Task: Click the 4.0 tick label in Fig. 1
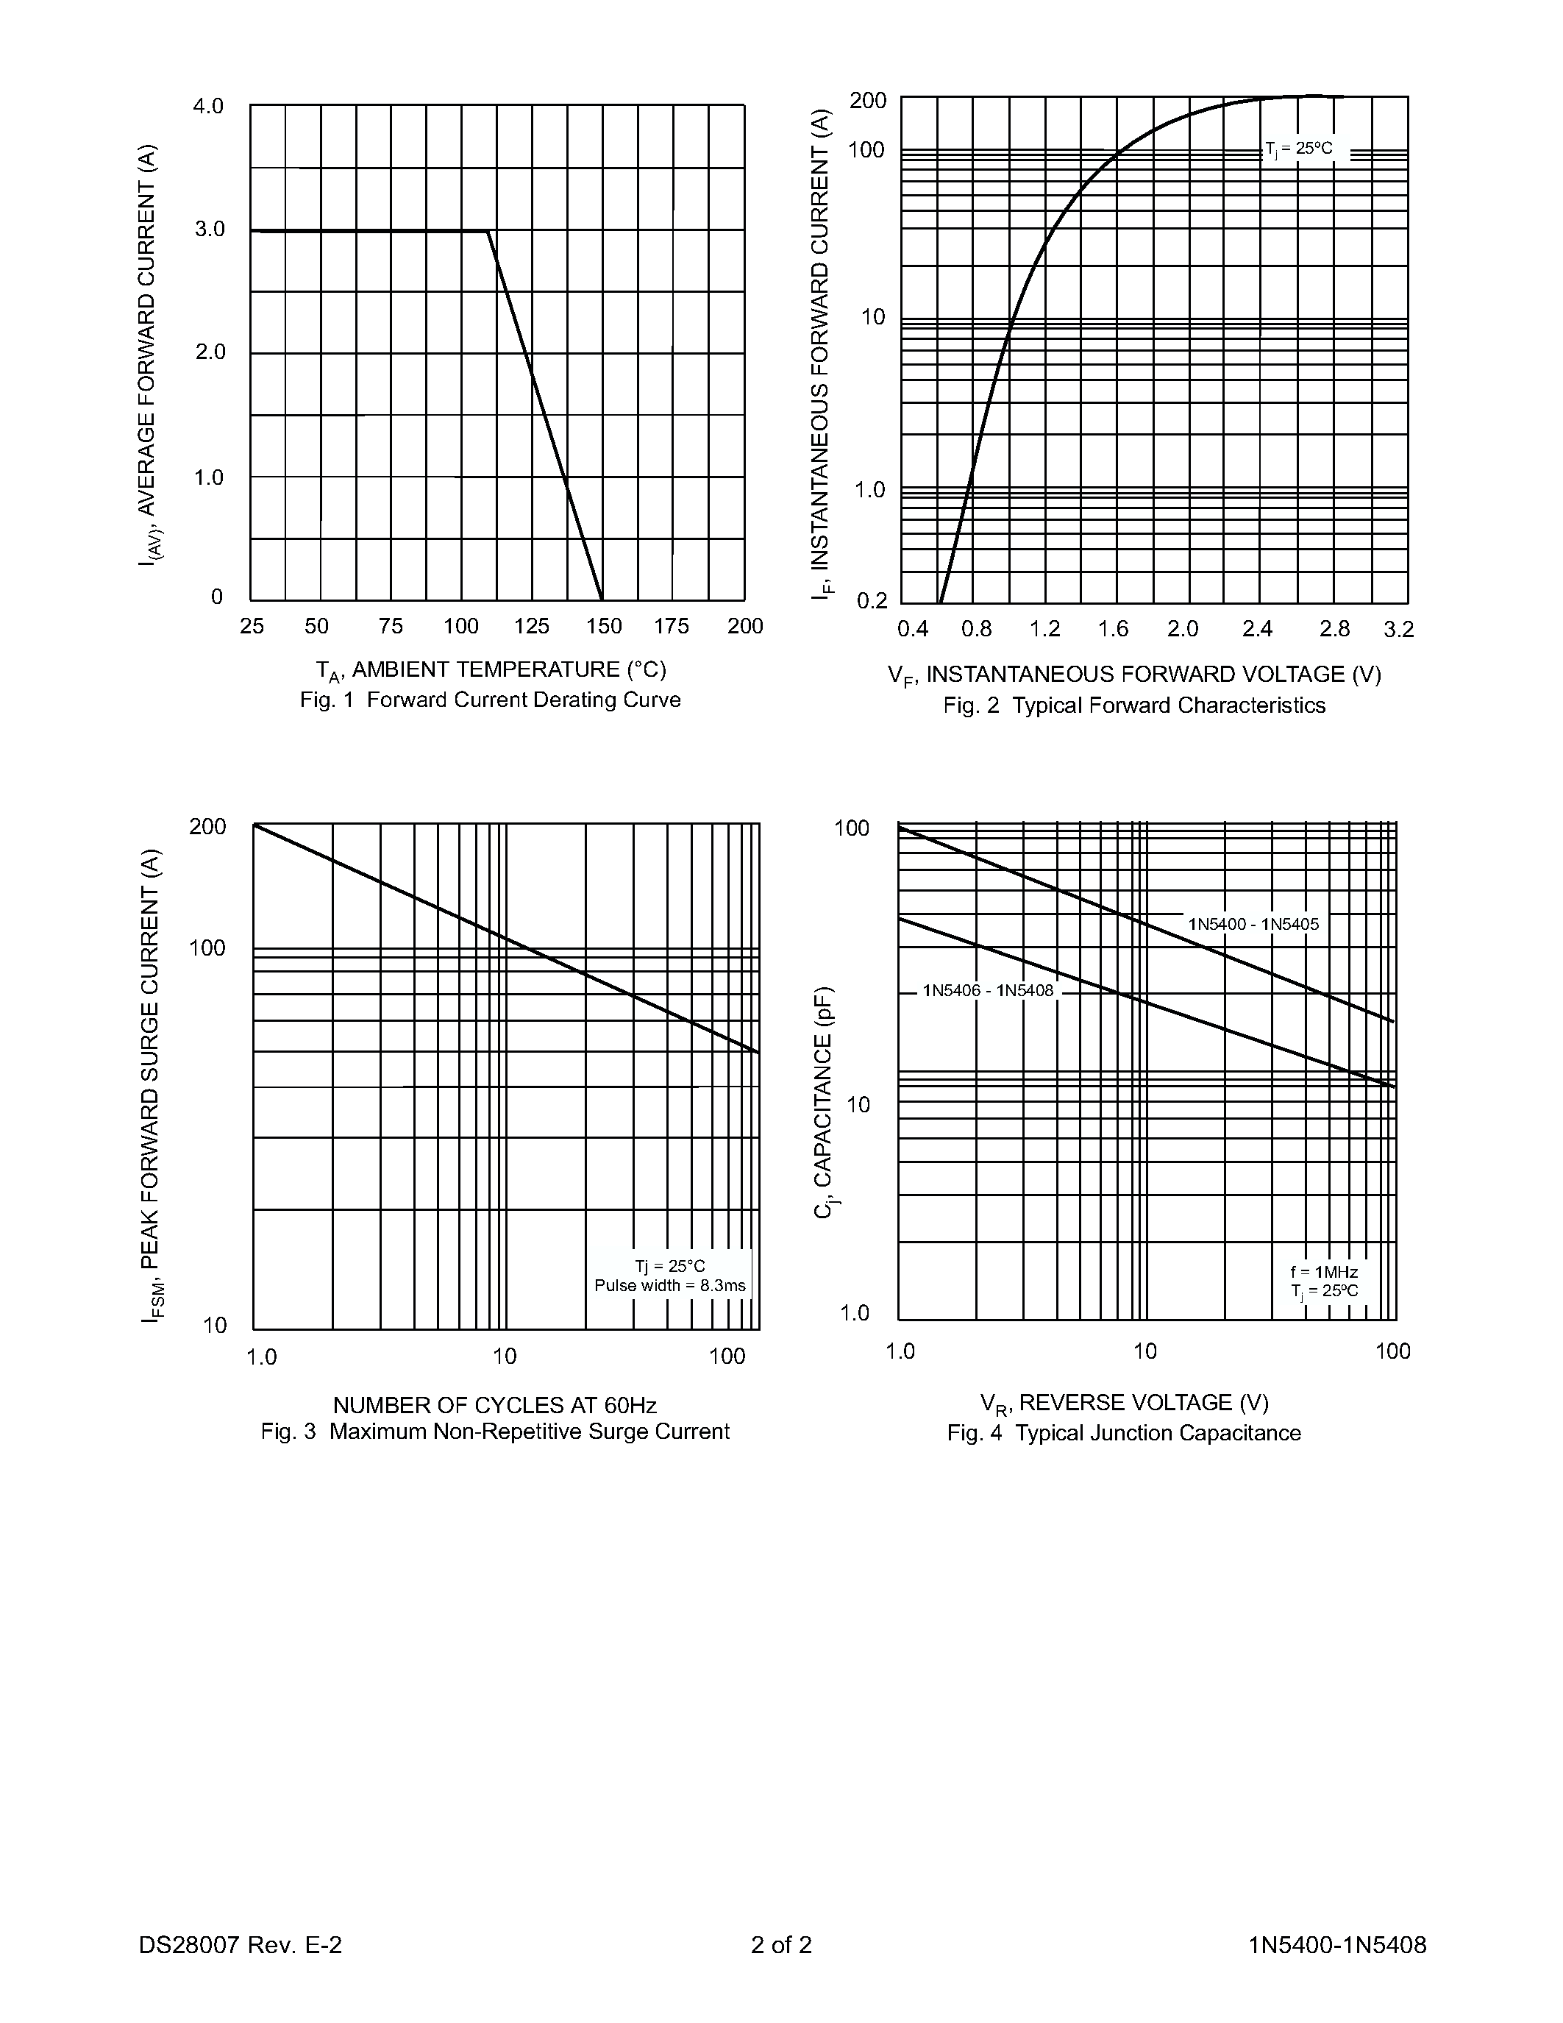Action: click(208, 107)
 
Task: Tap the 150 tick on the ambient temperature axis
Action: click(604, 627)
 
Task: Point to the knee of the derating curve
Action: click(488, 231)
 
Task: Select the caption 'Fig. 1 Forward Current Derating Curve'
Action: click(490, 700)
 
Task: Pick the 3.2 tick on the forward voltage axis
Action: click(1398, 630)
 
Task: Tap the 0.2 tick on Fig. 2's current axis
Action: click(872, 601)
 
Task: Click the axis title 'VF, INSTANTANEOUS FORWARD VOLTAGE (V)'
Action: click(1134, 675)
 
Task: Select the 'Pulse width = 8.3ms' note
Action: click(669, 1286)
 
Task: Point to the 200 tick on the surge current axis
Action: click(207, 826)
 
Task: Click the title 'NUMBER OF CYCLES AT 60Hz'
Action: click(494, 1406)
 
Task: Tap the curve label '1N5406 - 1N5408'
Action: click(987, 990)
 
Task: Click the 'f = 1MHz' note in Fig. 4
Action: click(1324, 1272)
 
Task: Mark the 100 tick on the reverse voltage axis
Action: click(1392, 1351)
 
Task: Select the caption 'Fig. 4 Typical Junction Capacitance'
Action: click(1123, 1433)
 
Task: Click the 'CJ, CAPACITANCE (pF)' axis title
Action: click(824, 1102)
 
